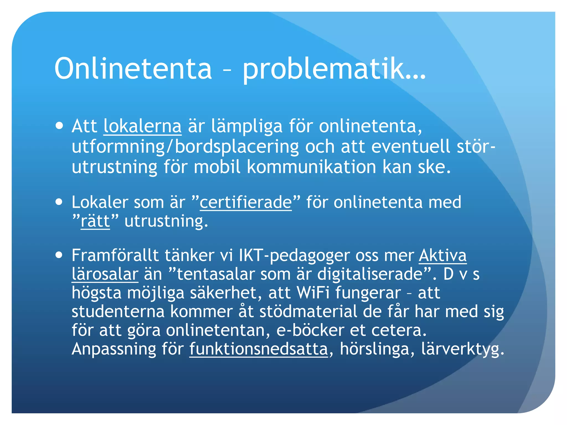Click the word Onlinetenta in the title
coord(133,68)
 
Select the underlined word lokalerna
coord(143,126)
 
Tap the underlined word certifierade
coord(246,202)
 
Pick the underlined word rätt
coord(95,221)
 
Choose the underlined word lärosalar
coord(105,274)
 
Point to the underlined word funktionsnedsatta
coord(259,349)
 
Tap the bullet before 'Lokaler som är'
coord(59,202)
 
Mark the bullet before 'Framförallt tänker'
coord(59,255)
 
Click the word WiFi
coord(313,293)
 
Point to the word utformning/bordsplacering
coord(185,147)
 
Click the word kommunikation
coord(311,167)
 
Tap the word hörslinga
coord(374,349)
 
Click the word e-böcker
coord(310,330)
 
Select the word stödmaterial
coord(308,312)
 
